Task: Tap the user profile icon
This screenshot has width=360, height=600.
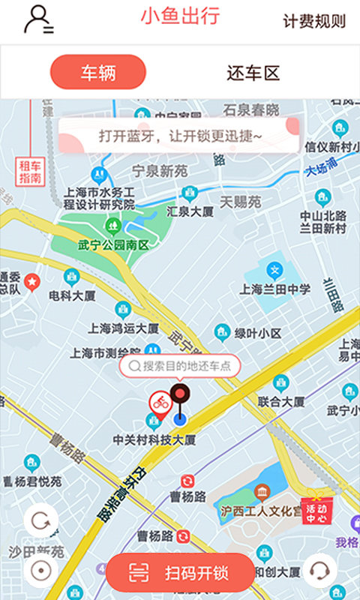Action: [x=37, y=20]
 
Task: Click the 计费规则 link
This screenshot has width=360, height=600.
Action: [x=314, y=21]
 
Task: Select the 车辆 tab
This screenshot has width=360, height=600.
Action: [x=97, y=73]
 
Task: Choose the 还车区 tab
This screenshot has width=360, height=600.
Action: [x=253, y=73]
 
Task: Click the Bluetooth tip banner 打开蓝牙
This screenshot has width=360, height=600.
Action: [x=180, y=136]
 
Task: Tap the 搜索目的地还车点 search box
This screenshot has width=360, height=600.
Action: [x=180, y=366]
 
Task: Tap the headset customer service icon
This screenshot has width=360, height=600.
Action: [x=320, y=571]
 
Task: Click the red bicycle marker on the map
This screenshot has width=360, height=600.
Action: [x=160, y=405]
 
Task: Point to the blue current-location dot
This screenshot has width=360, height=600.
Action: [x=178, y=418]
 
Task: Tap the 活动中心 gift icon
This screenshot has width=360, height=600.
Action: [x=316, y=510]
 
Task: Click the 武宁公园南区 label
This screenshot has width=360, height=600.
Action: [x=113, y=244]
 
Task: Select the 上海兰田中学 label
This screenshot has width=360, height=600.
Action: [x=274, y=289]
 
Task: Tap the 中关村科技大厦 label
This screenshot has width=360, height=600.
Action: [x=154, y=439]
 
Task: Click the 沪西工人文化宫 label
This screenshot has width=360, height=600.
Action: [x=261, y=510]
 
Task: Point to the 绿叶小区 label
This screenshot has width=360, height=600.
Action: [x=257, y=333]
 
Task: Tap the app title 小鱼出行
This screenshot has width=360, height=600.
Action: [x=180, y=16]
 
